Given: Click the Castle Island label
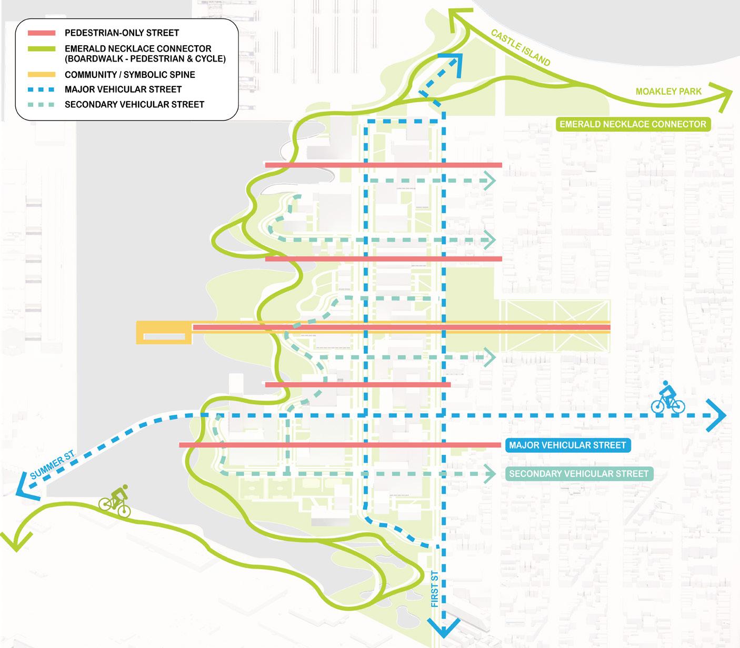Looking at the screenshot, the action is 521,48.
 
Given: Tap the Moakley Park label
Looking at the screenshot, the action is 668,92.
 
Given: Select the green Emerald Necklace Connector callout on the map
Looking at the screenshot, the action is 633,124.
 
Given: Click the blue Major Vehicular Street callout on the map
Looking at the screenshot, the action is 567,445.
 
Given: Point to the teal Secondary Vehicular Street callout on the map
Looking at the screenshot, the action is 578,474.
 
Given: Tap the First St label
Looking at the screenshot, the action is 435,589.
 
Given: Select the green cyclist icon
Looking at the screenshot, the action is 115,501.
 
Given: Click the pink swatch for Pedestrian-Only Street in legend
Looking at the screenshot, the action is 42,33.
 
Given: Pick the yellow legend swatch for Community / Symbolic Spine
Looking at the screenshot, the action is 42,75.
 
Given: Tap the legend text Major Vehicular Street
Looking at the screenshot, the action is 123,89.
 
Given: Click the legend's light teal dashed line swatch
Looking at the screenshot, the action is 42,104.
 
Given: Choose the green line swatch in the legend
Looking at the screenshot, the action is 42,48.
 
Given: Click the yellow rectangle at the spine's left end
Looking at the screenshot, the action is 163,333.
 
